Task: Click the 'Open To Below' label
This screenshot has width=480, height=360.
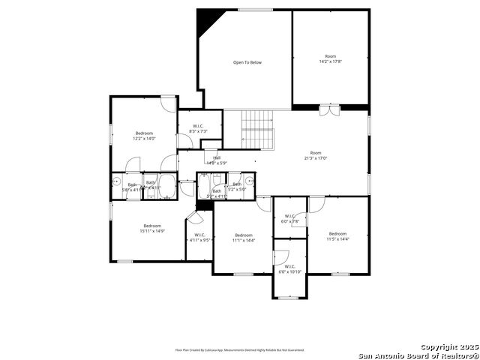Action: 247,62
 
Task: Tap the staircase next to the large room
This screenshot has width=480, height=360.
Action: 257,129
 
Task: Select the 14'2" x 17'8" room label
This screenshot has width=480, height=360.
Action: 331,58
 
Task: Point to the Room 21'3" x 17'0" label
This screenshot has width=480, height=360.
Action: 316,155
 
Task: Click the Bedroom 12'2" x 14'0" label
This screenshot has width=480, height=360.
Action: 144,136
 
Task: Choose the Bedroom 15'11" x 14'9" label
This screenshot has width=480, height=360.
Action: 152,229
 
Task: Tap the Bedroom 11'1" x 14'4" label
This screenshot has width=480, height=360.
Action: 244,238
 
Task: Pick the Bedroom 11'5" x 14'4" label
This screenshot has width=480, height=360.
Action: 337,236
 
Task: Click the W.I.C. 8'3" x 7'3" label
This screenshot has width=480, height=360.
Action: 199,129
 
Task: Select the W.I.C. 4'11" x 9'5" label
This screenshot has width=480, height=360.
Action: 199,238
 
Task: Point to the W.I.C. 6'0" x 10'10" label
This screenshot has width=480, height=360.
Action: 290,268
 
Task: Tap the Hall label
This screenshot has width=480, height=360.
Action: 217,157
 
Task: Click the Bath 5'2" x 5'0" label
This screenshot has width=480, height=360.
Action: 238,187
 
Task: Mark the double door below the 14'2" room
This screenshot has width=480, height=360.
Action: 328,110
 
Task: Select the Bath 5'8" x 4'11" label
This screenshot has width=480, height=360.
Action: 132,187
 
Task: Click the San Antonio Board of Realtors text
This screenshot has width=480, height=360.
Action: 418,355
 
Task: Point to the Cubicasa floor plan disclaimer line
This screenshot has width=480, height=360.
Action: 240,349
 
